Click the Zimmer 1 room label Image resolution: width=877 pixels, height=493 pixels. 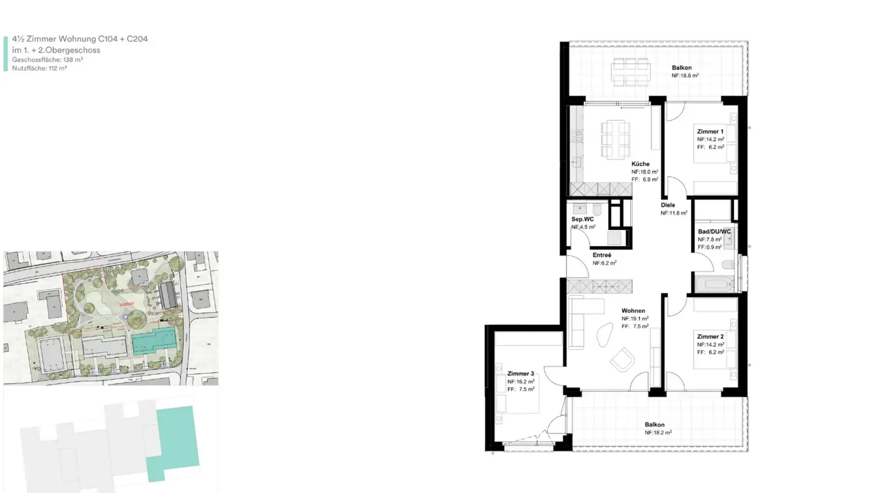click(710, 131)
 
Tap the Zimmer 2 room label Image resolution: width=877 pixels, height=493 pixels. click(710, 337)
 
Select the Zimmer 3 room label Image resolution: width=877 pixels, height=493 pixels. click(520, 374)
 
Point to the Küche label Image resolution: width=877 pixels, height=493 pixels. click(640, 164)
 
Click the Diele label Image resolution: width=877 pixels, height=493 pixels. click(668, 205)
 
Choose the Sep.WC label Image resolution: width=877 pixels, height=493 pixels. click(582, 219)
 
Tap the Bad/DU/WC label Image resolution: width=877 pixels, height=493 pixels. click(714, 232)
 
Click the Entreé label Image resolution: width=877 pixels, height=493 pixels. click(602, 255)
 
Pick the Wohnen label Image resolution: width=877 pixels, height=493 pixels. click(633, 310)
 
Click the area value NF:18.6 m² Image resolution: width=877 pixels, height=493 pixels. click(685, 76)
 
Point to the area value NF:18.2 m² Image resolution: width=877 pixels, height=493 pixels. click(658, 433)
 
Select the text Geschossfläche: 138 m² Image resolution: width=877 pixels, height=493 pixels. click(48, 60)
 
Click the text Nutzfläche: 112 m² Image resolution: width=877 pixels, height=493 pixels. click(39, 69)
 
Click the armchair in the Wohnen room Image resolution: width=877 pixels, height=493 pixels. click(622, 359)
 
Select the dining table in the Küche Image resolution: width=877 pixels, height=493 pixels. click(615, 139)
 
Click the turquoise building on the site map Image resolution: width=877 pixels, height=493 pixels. click(152, 341)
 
